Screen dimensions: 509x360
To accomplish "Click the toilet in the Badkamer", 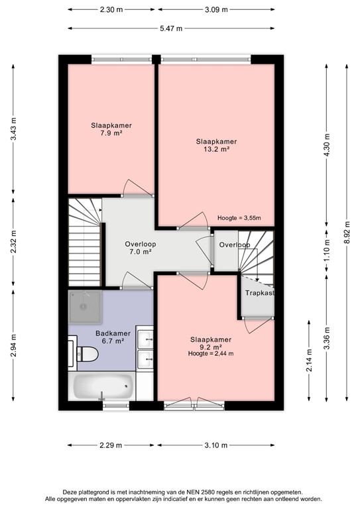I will [86, 354].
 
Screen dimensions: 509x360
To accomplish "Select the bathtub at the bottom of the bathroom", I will [102, 386].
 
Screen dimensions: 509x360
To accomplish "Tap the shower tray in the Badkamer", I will [85, 306].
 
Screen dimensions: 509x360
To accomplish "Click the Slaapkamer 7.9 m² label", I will [111, 129].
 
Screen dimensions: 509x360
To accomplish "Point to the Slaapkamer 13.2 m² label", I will [216, 145].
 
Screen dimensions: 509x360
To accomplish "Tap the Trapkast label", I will [259, 293].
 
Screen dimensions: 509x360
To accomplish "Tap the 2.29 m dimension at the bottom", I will [110, 445].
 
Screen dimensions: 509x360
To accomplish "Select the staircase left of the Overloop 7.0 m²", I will [84, 243].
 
